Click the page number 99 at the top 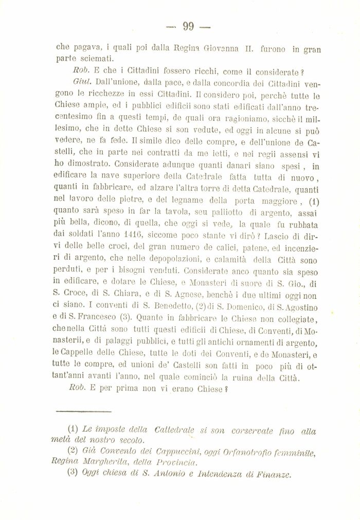[187, 27]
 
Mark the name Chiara [131, 296]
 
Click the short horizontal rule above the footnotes [83, 411]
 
